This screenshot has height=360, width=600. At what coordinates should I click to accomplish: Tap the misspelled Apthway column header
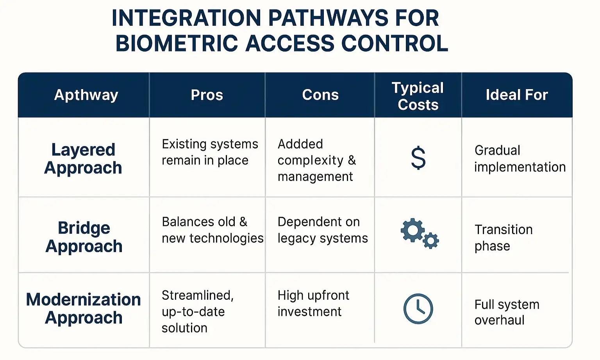point(86,95)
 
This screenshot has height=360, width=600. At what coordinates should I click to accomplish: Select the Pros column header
point(207,95)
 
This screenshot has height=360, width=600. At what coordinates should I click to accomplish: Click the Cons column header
point(320,95)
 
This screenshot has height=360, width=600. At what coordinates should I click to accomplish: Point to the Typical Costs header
point(418,96)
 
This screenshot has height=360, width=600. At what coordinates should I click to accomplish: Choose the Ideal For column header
point(517,95)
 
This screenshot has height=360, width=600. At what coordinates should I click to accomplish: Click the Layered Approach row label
point(83,159)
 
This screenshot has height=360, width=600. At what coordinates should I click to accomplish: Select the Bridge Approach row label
point(84,237)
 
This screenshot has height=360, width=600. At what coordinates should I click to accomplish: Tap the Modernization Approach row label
point(84,308)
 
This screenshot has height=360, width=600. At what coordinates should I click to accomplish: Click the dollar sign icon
point(418,158)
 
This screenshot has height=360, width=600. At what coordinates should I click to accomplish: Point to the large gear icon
point(412,230)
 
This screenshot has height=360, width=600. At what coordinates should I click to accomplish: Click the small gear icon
point(431,240)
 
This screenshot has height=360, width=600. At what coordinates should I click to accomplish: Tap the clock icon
point(418,309)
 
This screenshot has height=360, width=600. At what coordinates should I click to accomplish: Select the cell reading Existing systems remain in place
point(210,152)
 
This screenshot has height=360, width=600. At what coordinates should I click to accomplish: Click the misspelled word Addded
point(300,144)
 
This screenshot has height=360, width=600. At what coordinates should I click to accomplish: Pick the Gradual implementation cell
point(520,159)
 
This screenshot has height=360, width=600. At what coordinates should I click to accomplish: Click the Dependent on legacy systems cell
point(323,230)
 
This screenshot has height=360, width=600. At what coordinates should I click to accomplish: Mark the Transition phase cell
point(503,238)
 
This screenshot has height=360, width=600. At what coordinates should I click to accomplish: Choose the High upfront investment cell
point(313,303)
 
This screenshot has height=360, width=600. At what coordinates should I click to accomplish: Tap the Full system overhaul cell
point(507,312)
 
